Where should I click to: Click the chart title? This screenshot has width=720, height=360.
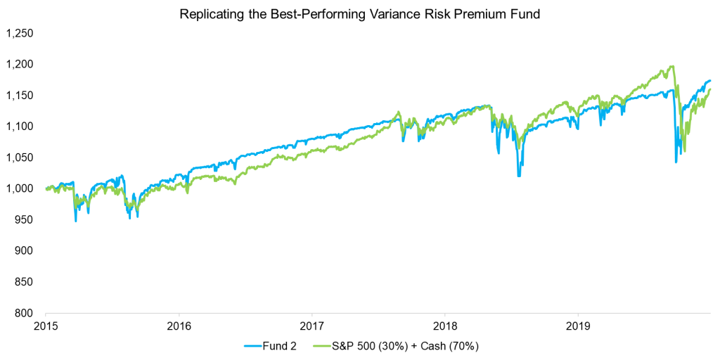tap(359, 15)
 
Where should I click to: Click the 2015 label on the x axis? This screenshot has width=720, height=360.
tap(46, 327)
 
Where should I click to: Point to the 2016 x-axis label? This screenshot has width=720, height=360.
tap(179, 327)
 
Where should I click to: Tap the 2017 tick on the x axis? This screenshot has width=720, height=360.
tap(311, 327)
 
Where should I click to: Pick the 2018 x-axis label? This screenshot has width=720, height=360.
tap(444, 327)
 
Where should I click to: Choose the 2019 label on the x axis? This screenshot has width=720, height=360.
tap(577, 327)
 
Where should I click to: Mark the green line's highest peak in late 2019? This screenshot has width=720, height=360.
tap(673, 67)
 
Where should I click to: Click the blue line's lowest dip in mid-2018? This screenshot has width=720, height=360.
tap(519, 176)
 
